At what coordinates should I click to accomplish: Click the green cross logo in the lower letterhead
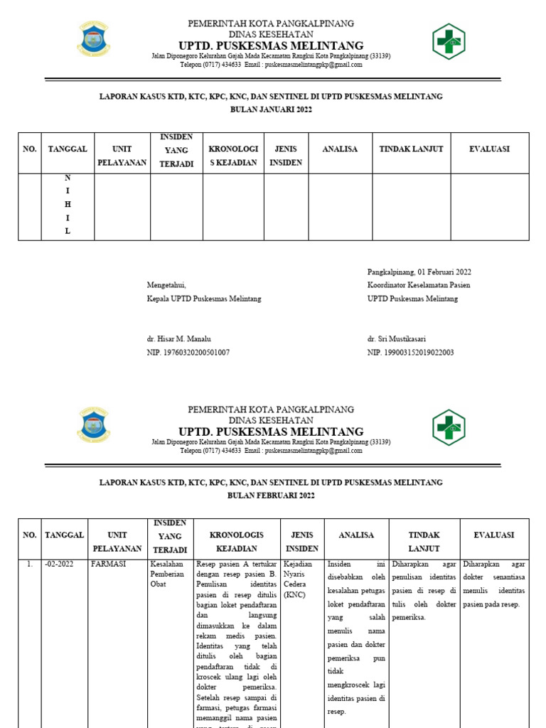click(449, 427)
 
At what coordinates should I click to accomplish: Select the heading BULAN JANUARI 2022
click(271, 109)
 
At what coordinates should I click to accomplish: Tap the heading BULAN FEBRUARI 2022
click(271, 495)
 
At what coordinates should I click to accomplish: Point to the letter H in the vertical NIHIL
click(68, 205)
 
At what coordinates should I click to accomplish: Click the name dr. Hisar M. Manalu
click(178, 339)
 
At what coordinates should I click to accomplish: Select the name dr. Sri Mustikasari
click(397, 339)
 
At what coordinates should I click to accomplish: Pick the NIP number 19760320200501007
click(188, 353)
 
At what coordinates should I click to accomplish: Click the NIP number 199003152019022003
click(410, 353)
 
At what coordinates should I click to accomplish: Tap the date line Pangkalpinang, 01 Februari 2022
click(419, 272)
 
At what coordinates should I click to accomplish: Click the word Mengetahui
click(166, 285)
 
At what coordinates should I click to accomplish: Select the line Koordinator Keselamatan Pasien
click(418, 285)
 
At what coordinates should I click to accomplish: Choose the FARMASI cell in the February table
click(109, 564)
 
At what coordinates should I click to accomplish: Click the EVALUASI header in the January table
click(489, 149)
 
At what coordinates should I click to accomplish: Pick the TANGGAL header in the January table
click(68, 149)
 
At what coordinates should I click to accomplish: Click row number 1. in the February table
click(29, 564)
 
